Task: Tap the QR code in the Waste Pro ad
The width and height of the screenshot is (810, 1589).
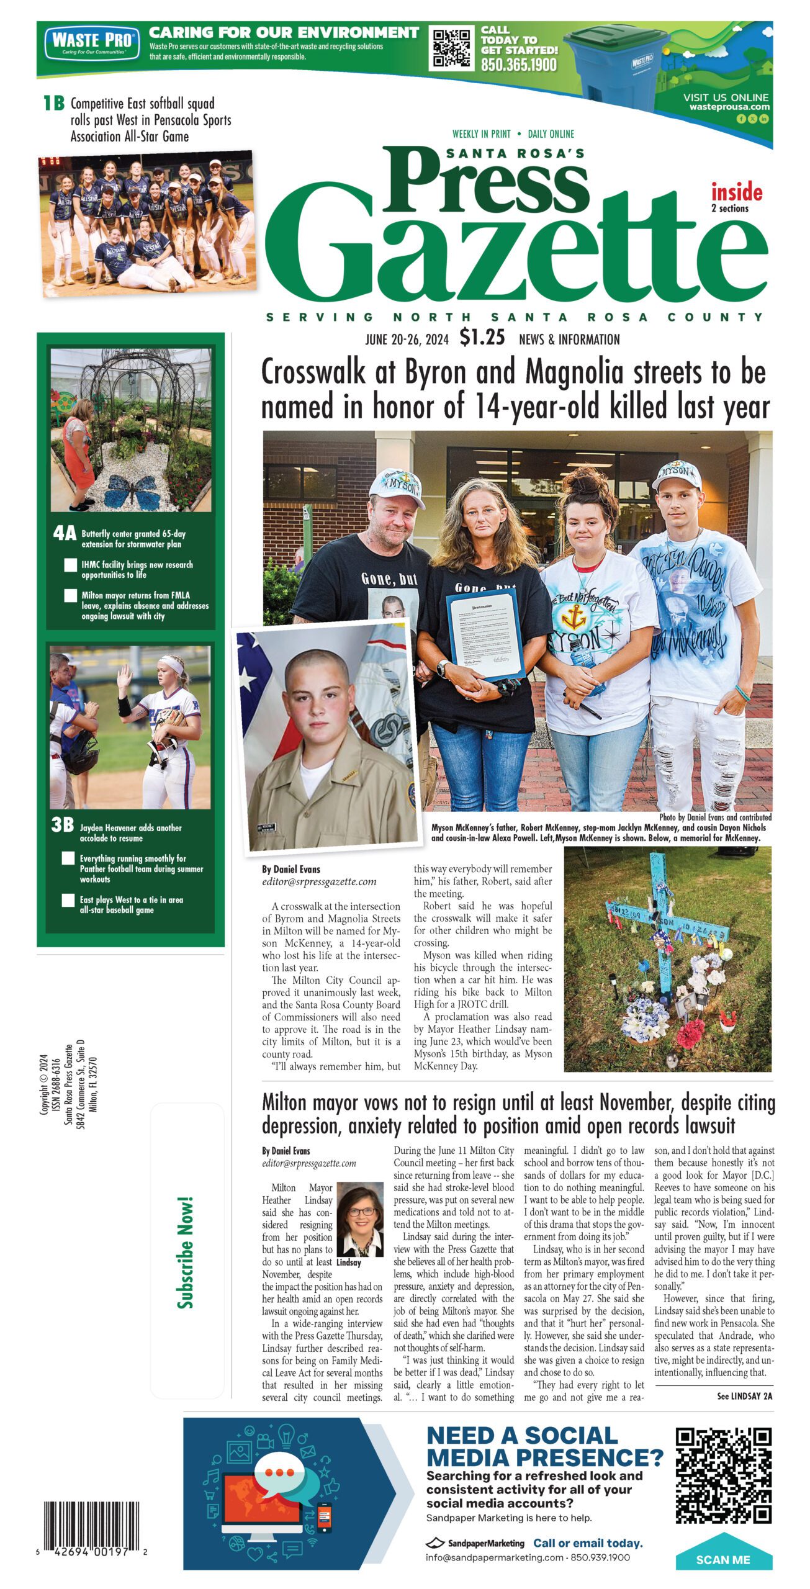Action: coord(451,48)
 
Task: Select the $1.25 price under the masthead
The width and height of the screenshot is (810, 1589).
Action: coord(482,337)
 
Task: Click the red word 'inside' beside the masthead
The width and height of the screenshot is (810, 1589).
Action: coord(736,192)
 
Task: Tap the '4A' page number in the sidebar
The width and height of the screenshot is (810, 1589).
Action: coord(65,533)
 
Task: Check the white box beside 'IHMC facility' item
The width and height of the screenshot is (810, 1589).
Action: coord(71,565)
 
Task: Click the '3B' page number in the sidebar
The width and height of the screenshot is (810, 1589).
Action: coord(63,825)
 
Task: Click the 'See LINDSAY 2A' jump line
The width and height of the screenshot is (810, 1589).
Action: coord(744,1396)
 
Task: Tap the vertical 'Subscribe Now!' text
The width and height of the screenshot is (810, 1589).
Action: coord(186,1253)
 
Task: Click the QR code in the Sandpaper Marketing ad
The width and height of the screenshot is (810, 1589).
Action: coord(722,1475)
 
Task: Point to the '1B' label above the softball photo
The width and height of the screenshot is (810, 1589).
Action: coord(54,103)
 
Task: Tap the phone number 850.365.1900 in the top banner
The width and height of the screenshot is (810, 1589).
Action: coord(518,65)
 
